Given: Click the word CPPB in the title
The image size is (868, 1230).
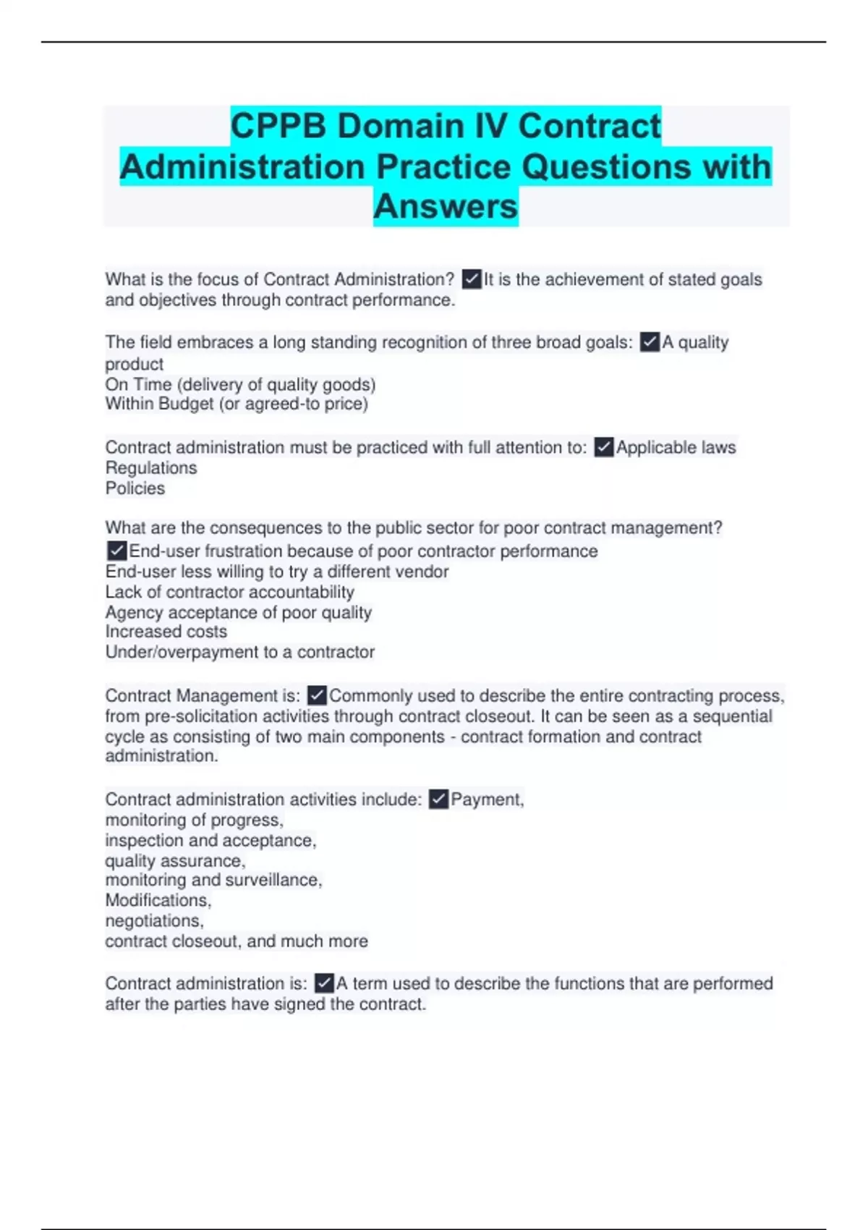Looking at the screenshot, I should pyautogui.click(x=279, y=126).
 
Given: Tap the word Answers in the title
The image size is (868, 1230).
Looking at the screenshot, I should pyautogui.click(x=446, y=206).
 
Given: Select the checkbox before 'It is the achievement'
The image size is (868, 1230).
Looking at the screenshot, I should pyautogui.click(x=472, y=279).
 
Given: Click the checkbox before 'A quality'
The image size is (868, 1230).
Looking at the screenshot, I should pyautogui.click(x=650, y=342).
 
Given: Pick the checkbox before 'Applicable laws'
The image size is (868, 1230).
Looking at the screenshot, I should pyautogui.click(x=604, y=448).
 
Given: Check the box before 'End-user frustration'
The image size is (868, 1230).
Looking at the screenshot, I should pyautogui.click(x=116, y=551).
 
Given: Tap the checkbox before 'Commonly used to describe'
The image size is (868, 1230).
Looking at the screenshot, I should pyautogui.click(x=317, y=696).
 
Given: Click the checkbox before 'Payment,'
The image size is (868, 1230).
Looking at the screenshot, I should pyautogui.click(x=438, y=799).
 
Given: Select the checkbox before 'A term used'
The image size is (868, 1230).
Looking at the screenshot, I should pyautogui.click(x=324, y=984).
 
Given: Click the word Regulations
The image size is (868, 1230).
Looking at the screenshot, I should pyautogui.click(x=151, y=468).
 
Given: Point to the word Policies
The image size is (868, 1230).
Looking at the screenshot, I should pyautogui.click(x=135, y=488).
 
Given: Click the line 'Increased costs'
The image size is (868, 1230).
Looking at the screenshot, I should pyautogui.click(x=166, y=632).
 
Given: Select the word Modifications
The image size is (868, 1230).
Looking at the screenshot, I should pyautogui.click(x=157, y=901).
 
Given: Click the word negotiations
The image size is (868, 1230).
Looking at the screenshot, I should pyautogui.click(x=153, y=921).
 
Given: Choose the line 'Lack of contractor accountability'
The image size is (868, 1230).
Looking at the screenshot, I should pyautogui.click(x=230, y=592).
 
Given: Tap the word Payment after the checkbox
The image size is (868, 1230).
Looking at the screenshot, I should pyautogui.click(x=485, y=799).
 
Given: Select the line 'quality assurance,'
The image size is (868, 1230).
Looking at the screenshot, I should pyautogui.click(x=175, y=861).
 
